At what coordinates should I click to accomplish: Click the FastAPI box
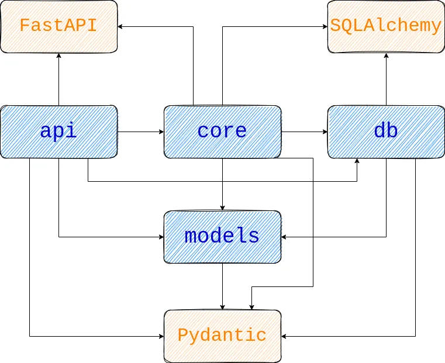click(x=58, y=26)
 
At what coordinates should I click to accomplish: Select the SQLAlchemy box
click(x=386, y=26)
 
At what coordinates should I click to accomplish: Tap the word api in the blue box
click(x=58, y=131)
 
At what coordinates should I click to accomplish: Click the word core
click(x=222, y=131)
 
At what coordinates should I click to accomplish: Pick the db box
click(x=386, y=132)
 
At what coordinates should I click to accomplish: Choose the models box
click(x=222, y=237)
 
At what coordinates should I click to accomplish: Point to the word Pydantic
click(x=222, y=336)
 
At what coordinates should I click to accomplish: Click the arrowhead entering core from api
click(x=161, y=132)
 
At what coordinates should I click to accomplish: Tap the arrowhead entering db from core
click(x=325, y=132)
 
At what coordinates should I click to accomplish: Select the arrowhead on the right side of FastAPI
click(x=120, y=26)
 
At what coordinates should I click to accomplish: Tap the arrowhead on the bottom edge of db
click(x=357, y=161)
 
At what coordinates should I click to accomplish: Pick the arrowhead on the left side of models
click(x=161, y=237)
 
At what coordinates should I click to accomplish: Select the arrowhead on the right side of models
click(x=284, y=237)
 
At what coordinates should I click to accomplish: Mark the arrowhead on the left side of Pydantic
click(x=161, y=336)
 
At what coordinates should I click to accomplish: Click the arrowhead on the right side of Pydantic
click(x=284, y=336)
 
